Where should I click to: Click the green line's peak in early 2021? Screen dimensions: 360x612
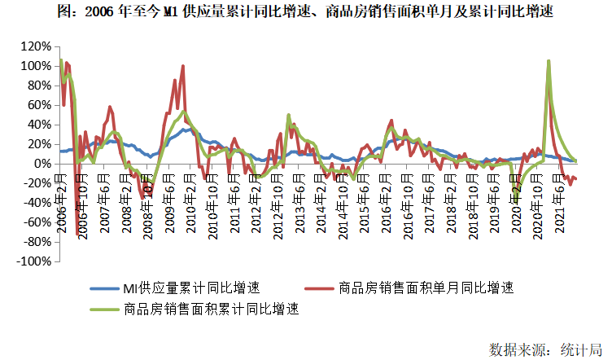pos(549,61)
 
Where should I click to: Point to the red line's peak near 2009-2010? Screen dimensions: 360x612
pos(184,66)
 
